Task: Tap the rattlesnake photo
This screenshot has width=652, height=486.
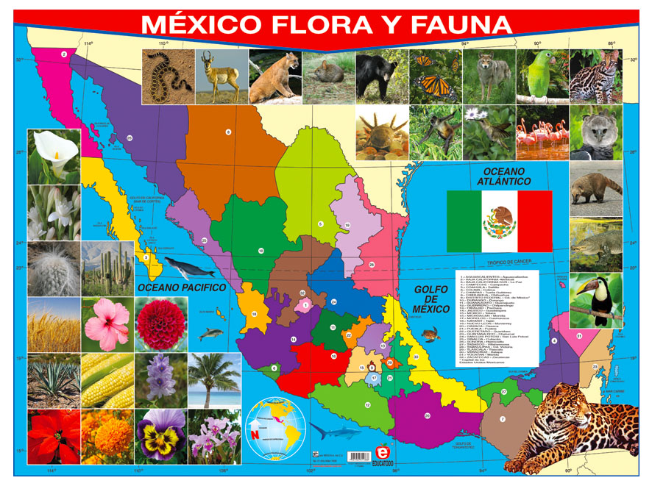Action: point(168,76)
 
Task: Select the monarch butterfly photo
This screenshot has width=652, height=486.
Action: point(436,76)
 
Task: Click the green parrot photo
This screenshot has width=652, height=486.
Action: point(542,76)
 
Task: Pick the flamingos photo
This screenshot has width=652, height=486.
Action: point(542,132)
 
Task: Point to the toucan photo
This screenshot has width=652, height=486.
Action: point(595,300)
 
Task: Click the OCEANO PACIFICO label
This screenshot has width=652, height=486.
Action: point(181,287)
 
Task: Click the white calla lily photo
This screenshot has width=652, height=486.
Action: point(54,156)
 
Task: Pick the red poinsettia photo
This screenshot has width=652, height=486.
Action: point(54,437)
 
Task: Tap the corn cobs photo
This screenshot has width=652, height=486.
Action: point(107,381)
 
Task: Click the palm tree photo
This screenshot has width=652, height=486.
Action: point(214,381)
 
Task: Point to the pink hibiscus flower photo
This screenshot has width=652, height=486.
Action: point(107,324)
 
